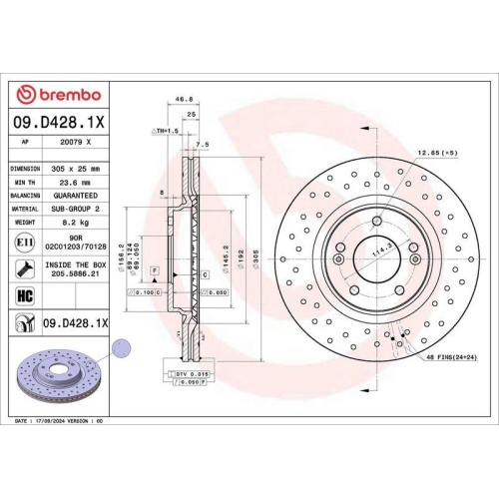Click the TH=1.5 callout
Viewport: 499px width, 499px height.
[165, 131]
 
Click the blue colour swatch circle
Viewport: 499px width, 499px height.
[121, 348]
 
